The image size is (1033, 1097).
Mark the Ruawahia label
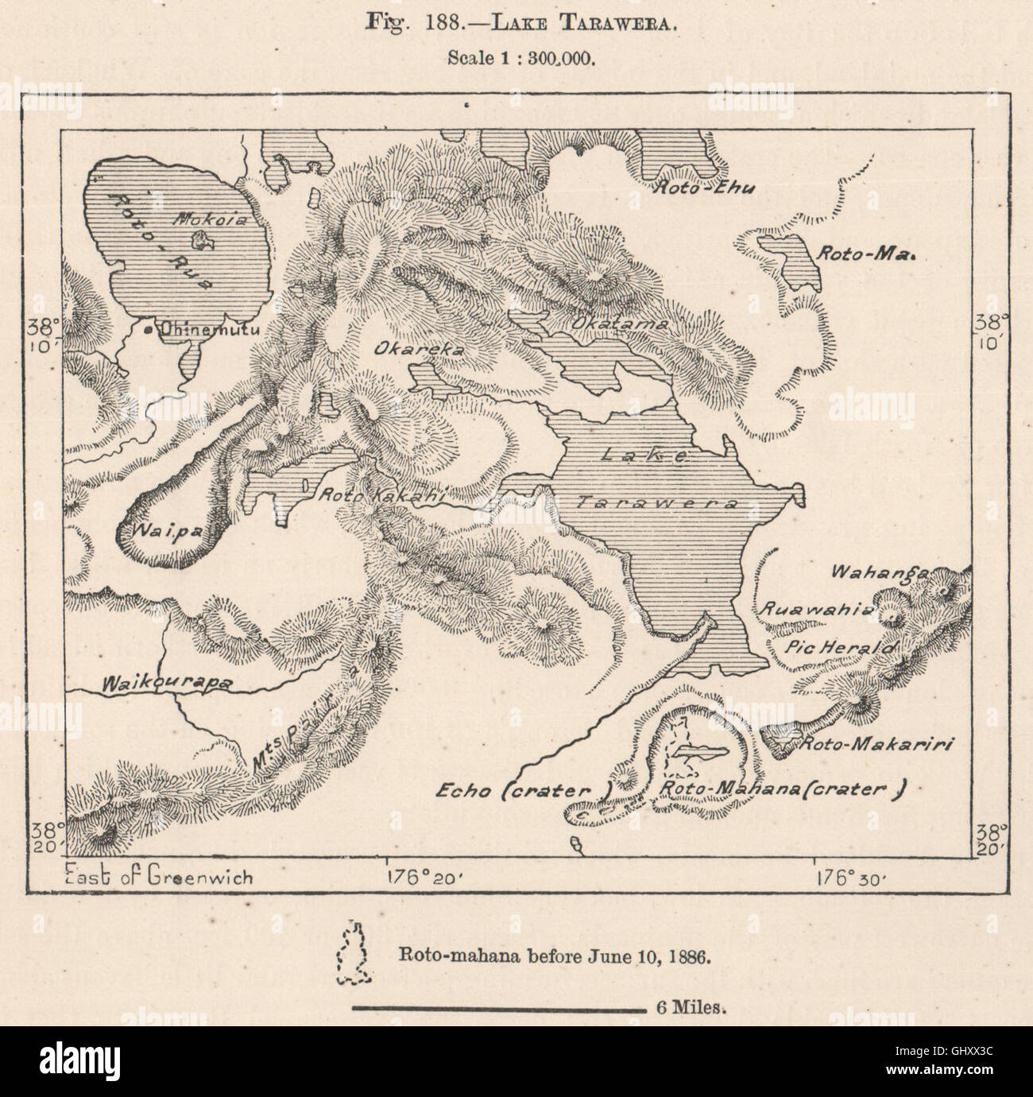click(818, 610)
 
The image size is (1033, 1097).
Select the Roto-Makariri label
click(875, 744)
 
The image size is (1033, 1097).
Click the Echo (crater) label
click(525, 790)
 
